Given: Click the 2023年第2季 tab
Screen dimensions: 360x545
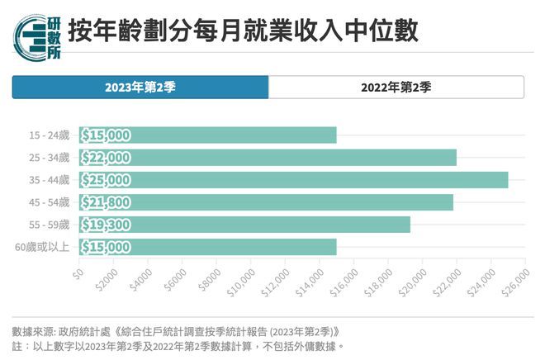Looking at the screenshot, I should coord(140,87).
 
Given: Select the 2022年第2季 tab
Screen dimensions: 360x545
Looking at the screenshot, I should coord(396,87).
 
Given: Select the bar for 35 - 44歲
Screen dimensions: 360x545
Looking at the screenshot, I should coord(293,180).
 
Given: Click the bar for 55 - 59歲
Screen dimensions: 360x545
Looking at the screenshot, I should coord(244,225).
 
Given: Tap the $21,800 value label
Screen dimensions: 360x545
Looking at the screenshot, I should coord(106,202).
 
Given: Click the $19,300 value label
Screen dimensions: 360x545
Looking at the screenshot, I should coord(106,225).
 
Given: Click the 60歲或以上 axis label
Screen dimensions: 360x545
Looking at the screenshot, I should coord(44,247).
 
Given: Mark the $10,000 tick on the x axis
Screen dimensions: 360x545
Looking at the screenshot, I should coord(238,279).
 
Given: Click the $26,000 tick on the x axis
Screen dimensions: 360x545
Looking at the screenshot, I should coord(514,279).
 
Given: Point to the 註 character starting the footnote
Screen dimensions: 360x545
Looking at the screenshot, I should coord(17,346).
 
